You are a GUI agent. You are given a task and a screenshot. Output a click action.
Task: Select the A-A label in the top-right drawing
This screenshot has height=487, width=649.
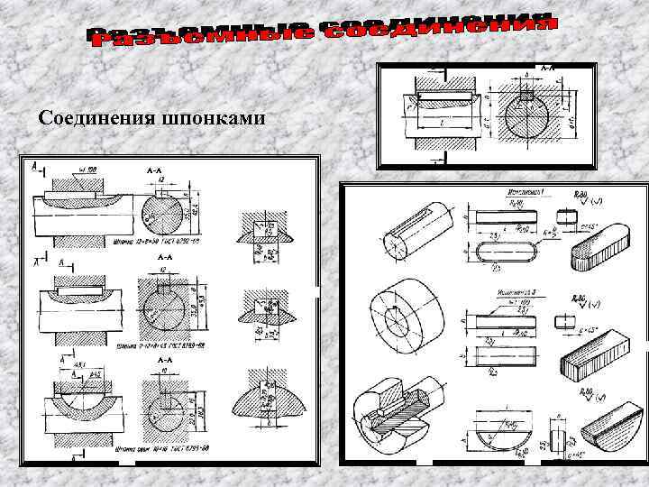point(546,68)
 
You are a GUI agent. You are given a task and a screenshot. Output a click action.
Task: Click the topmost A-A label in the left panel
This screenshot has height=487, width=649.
point(152,170)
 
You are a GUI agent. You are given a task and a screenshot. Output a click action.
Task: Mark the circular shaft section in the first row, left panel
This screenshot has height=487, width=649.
point(163,213)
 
